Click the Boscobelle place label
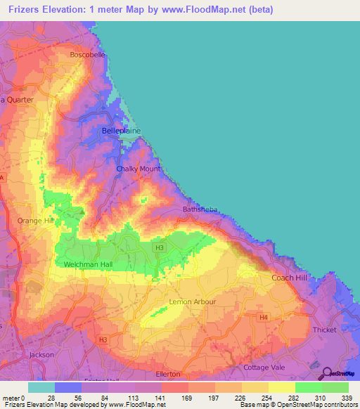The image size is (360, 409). coord(88,54)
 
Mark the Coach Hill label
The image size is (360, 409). coord(289,278)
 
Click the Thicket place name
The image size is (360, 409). coord(325,329)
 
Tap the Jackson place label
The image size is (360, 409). coord(41,355)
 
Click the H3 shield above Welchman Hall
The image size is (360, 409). coord(160,248)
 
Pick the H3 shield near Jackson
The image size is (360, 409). coord(103,340)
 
